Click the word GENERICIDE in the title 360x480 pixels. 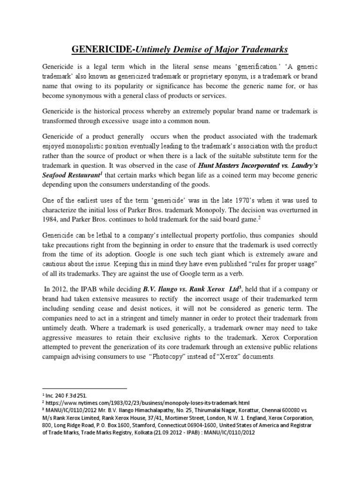click(95, 49)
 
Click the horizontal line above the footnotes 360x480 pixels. click(84, 389)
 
